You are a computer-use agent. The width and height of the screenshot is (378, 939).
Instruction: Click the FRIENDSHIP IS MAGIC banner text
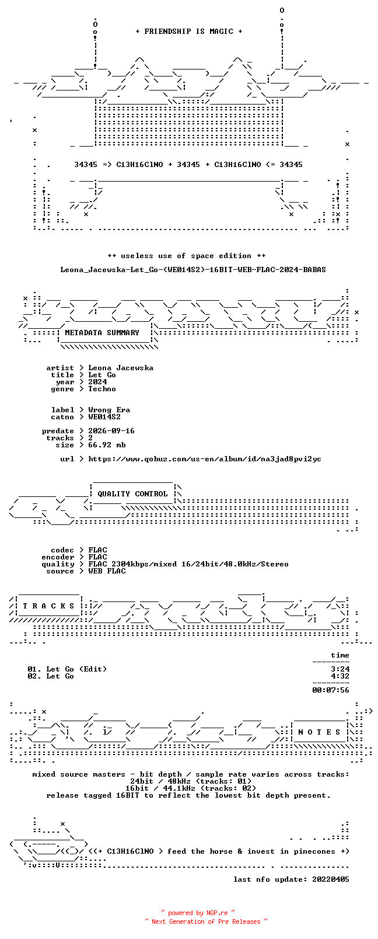coord(189,32)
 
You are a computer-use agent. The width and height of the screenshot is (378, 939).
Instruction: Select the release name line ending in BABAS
coord(193,270)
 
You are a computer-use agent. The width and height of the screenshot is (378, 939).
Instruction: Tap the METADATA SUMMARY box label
coord(101,333)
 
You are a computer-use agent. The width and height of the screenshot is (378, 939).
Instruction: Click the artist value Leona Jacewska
coord(121,368)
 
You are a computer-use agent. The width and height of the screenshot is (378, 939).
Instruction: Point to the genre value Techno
coord(101,389)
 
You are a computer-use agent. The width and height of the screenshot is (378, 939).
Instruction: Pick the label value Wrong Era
coord(109,410)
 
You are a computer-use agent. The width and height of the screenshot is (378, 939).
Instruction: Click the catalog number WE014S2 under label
coord(104,417)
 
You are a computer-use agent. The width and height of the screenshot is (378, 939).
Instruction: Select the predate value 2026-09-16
coord(111,431)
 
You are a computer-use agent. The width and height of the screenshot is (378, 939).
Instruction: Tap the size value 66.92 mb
coord(107,445)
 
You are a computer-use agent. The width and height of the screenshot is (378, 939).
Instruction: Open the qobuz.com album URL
coord(205,459)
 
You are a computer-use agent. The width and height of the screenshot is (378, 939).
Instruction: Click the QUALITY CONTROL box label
coord(132,494)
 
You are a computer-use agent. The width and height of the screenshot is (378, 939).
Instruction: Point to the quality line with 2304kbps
coord(188,564)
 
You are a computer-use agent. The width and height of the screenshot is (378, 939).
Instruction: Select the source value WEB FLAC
coord(107,571)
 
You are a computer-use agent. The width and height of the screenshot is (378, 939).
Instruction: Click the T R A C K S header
coord(48,606)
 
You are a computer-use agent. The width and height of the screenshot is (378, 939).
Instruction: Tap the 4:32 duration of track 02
coord(340,676)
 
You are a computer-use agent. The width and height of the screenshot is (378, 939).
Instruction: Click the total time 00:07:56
coord(331,690)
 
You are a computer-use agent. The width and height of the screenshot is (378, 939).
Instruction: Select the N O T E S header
coord(320,732)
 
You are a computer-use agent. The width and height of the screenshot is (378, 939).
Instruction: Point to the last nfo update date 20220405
coord(331,879)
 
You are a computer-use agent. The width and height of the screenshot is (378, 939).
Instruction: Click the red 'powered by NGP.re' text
coord(198,913)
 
